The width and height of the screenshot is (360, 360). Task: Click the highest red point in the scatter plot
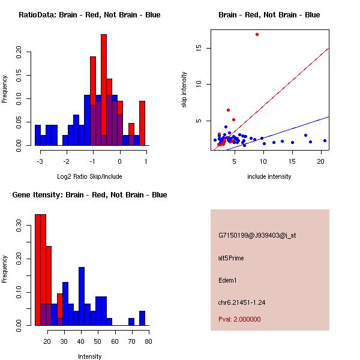[257, 34]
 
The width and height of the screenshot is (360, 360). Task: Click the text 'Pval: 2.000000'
[239, 319]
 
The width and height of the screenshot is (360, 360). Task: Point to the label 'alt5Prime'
[231, 258]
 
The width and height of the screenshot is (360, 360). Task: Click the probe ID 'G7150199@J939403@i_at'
[257, 235]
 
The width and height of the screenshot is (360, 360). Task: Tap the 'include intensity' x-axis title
[269, 176]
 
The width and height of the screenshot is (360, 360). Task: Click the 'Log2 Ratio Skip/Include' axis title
[89, 176]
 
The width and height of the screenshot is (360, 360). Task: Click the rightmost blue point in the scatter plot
[325, 140]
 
